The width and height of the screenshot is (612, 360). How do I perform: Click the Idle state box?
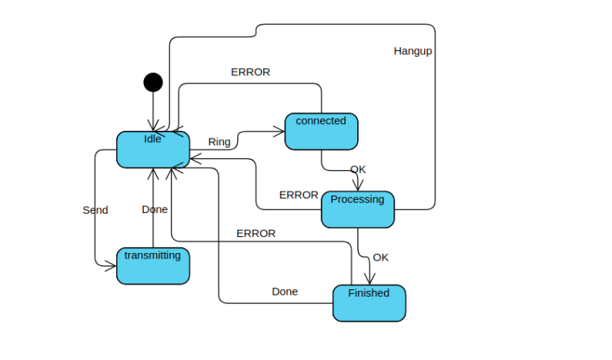tap(152, 149)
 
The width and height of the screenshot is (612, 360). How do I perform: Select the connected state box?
tap(321, 132)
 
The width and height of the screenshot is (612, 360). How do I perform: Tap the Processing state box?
tap(357, 209)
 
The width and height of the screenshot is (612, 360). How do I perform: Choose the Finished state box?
tap(369, 303)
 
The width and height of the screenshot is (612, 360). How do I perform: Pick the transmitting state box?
tap(152, 265)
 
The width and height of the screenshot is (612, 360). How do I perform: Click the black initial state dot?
tap(153, 82)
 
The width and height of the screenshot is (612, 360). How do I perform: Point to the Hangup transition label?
tap(413, 52)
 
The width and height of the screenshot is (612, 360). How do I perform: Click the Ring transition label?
tap(219, 142)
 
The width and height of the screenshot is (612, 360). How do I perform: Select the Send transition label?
tap(95, 210)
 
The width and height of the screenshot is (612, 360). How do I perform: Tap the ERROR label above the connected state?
tap(250, 72)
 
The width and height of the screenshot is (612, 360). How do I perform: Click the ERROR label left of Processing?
tap(299, 195)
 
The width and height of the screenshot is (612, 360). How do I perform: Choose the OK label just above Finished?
tap(380, 258)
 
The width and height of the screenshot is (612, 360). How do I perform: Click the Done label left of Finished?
tap(285, 292)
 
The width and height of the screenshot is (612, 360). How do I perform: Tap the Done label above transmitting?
tap(155, 209)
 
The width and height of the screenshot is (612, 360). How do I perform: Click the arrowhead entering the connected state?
tap(279, 132)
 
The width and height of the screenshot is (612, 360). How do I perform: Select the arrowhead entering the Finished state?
tap(370, 280)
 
